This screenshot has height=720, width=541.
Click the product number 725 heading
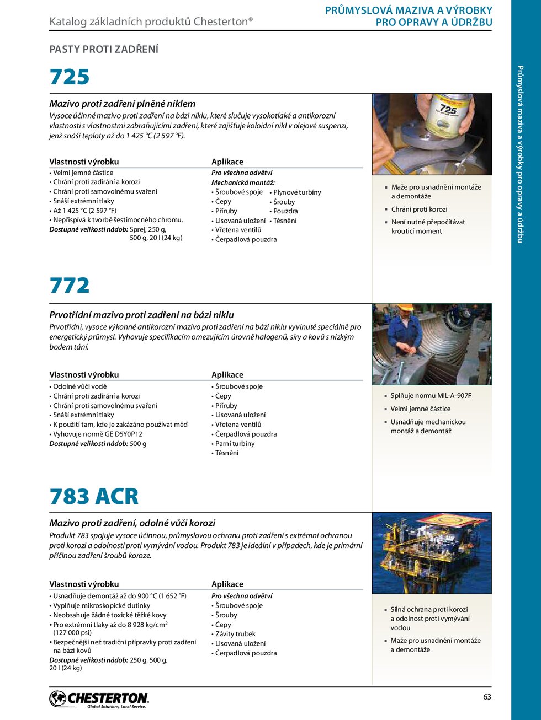click(70, 77)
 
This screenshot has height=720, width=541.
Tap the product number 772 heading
click(70, 286)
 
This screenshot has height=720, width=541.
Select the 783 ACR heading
click(94, 496)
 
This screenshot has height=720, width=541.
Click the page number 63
click(487, 697)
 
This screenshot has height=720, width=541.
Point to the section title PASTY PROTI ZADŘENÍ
click(104, 50)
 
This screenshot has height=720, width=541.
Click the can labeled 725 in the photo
click(447, 116)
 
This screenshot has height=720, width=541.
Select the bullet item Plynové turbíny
click(297, 192)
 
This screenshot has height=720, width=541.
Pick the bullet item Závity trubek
click(235, 634)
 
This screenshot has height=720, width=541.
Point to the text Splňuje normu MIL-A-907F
click(431, 396)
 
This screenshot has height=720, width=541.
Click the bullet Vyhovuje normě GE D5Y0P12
click(98, 434)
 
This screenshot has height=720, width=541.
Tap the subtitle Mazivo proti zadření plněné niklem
click(123, 104)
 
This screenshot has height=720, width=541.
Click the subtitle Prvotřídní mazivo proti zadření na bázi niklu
click(142, 315)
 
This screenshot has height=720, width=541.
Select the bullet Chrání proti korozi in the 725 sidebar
click(419, 209)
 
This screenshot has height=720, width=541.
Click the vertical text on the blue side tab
click(520, 154)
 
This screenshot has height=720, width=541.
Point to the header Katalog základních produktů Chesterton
click(151, 22)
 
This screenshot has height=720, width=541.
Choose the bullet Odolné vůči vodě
click(79, 387)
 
